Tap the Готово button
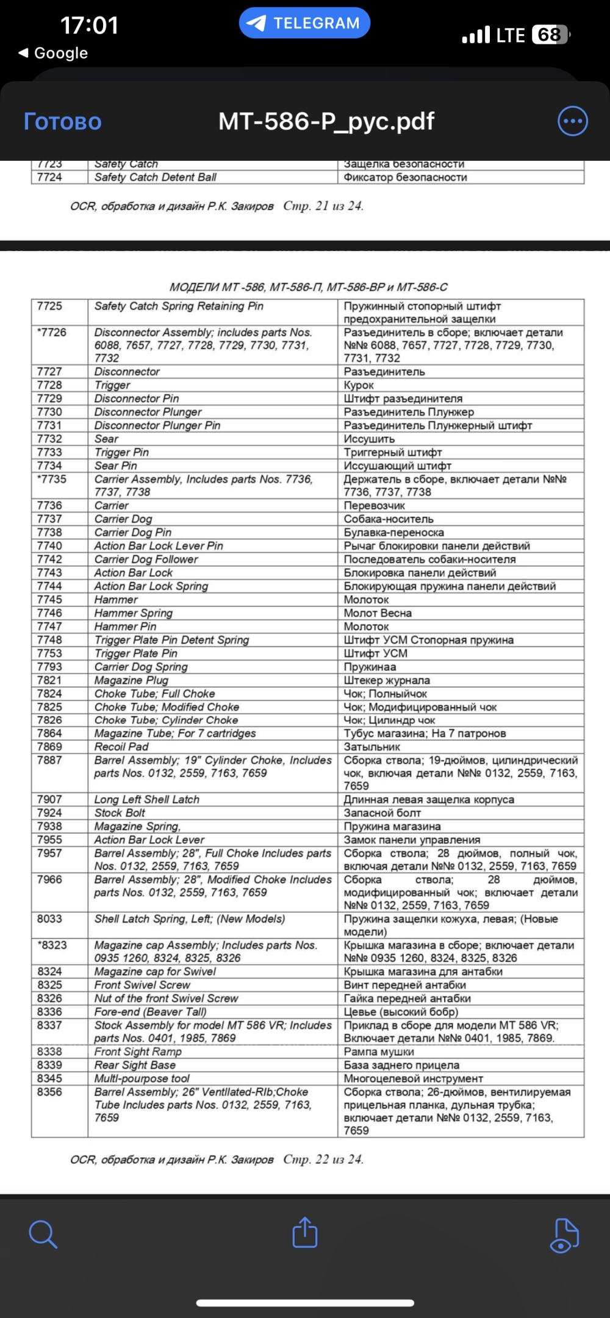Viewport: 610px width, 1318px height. tap(62, 121)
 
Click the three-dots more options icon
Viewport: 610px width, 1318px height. tap(572, 121)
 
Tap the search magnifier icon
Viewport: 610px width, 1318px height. tap(43, 1234)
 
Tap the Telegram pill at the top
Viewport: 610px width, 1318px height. tap(304, 23)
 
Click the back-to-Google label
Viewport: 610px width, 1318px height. tap(54, 53)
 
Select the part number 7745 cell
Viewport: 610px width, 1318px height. tap(49, 600)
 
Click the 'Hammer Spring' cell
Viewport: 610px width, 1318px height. tap(134, 613)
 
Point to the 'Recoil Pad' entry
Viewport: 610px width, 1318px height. tap(121, 746)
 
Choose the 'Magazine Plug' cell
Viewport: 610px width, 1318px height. tap(131, 680)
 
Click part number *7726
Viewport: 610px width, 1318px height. tap(51, 332)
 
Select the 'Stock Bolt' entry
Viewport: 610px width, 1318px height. tap(120, 813)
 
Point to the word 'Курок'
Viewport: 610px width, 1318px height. tap(359, 385)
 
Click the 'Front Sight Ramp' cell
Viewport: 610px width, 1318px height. tap(138, 1052)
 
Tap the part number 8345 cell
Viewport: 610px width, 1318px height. tap(49, 1079)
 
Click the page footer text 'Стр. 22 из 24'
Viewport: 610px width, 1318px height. tap(323, 1159)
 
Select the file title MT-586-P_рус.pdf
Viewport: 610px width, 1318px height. tap(326, 121)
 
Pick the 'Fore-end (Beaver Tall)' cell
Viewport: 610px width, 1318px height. tap(151, 1012)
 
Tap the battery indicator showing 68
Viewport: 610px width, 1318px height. tap(550, 35)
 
